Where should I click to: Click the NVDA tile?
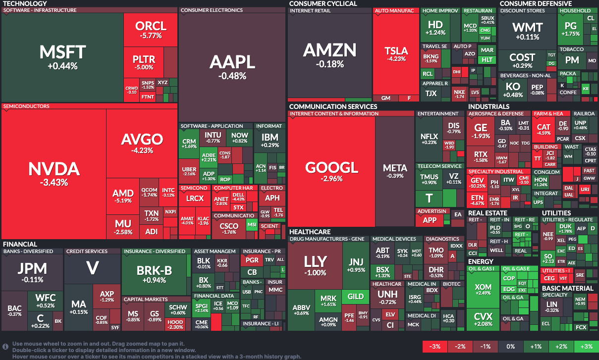click(54, 173)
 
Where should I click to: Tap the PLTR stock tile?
click(144, 62)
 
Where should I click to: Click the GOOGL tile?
click(331, 171)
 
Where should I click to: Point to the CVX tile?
click(483, 319)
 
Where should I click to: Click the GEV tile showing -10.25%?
click(477, 183)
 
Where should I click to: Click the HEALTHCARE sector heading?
click(310, 232)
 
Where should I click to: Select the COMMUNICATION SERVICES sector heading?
click(333, 106)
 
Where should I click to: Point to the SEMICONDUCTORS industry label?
click(26, 106)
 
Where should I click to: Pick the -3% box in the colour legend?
click(435, 346)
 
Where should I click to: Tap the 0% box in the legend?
click(510, 346)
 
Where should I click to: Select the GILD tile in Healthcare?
click(355, 297)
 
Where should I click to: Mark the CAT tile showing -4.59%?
click(544, 130)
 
